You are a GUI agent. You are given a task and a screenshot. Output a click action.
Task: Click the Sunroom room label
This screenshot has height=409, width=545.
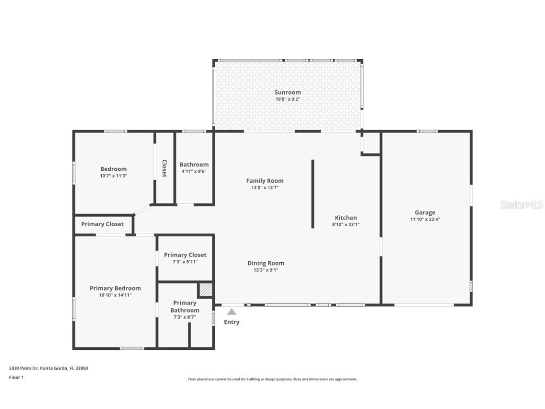(x=288, y=92)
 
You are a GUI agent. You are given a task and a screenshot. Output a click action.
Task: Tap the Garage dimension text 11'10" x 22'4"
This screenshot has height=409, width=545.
(x=425, y=220)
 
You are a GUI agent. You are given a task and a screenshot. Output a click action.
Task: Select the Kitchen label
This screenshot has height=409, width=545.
(x=346, y=218)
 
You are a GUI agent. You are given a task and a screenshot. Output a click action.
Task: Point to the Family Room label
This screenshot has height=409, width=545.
(x=264, y=180)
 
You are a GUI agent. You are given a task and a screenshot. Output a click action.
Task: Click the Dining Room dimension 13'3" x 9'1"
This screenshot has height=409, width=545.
(x=265, y=270)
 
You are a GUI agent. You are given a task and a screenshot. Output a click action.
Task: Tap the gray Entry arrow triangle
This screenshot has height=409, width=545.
(x=232, y=311)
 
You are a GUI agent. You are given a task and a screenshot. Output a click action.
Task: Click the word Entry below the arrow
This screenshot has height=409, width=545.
(x=232, y=322)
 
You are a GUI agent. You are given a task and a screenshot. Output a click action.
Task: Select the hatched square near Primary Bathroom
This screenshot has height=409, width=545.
(x=205, y=290)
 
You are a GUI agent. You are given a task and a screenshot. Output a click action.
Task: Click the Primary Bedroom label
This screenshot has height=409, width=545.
(x=115, y=288)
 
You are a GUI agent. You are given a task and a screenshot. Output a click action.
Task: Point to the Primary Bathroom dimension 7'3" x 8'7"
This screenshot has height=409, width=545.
(x=185, y=317)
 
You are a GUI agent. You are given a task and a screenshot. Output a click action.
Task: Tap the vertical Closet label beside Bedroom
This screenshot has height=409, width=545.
(x=164, y=168)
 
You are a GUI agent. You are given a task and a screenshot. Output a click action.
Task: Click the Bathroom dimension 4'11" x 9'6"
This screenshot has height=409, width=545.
(x=194, y=171)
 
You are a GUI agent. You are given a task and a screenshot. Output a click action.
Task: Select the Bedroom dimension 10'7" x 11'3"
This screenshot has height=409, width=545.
(x=114, y=176)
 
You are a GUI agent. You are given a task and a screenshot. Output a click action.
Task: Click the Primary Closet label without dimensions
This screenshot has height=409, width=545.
(x=102, y=224)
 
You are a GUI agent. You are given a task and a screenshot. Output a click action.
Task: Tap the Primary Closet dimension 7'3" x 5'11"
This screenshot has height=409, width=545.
(x=185, y=262)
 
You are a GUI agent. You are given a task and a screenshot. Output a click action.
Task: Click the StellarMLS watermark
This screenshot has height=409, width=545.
(x=521, y=205)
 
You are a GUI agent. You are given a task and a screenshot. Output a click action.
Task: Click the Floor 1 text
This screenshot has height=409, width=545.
(x=16, y=377)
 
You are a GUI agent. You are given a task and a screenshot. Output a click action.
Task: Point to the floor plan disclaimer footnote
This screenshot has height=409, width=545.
(x=272, y=379)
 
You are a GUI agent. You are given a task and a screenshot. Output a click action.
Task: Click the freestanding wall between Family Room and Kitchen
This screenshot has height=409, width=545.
(x=312, y=194)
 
